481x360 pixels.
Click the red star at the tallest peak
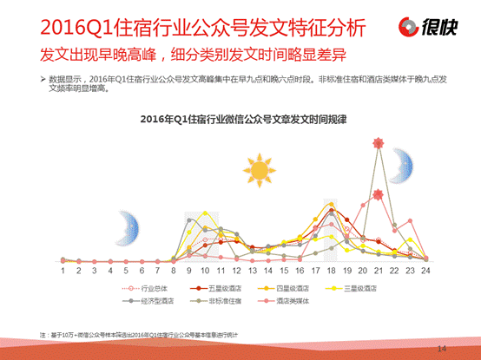point(377,144)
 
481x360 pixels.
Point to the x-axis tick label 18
point(331,270)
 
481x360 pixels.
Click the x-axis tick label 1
point(63,270)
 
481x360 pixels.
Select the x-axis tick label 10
point(205,270)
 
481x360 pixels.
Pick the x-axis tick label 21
point(378,270)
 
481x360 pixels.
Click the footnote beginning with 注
point(139,334)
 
